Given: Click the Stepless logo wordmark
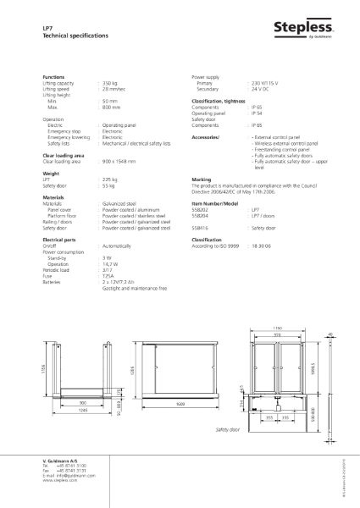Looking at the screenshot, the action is pyautogui.click(x=302, y=28).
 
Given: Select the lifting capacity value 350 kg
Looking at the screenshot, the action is pyautogui.click(x=110, y=83).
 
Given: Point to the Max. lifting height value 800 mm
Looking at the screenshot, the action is pyautogui.click(x=111, y=108).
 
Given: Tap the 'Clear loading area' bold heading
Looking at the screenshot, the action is pyautogui.click(x=63, y=156).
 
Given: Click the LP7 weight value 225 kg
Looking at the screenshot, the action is pyautogui.click(x=109, y=179).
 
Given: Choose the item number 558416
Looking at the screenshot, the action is pyautogui.click(x=200, y=227).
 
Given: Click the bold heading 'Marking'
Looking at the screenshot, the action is pyautogui.click(x=202, y=179).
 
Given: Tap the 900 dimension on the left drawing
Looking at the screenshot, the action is pyautogui.click(x=84, y=401).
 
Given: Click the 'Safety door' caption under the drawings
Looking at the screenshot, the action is pyautogui.click(x=228, y=429).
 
